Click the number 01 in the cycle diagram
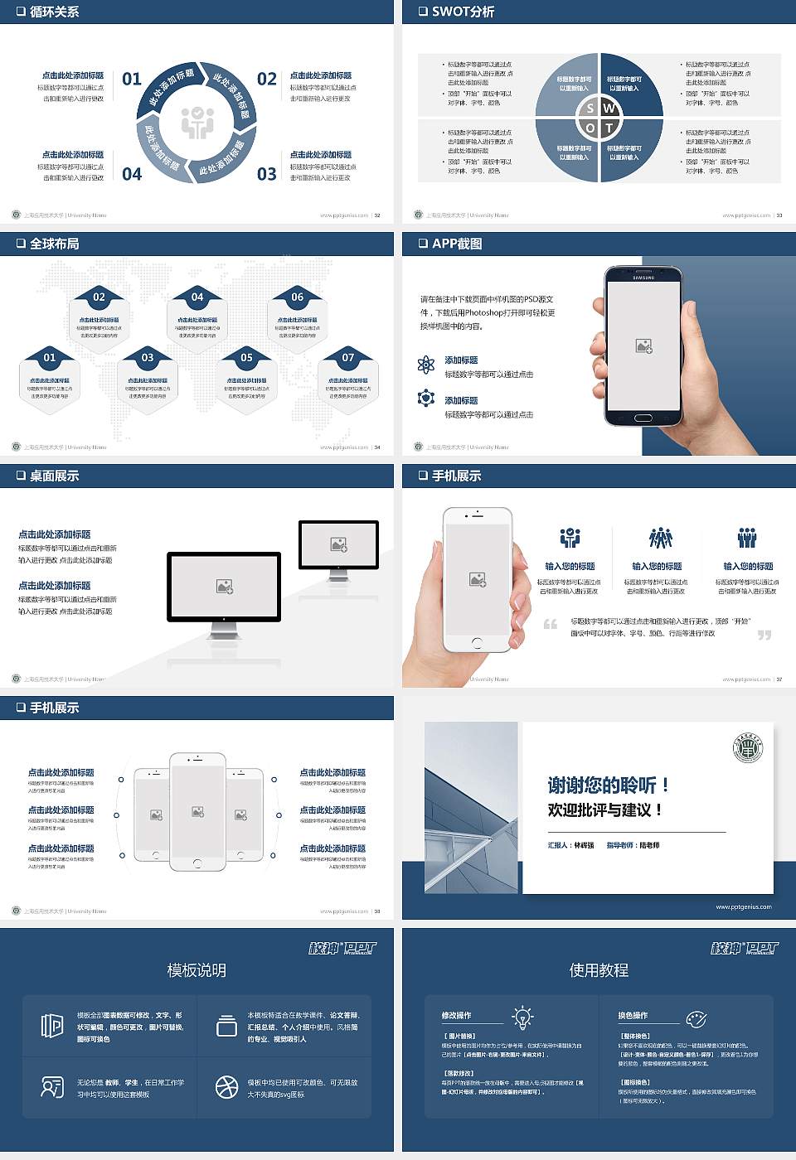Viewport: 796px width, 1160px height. [132, 79]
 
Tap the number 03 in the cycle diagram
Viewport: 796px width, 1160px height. [266, 174]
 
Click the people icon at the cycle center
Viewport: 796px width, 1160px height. [197, 122]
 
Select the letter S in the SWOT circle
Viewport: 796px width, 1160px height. [590, 109]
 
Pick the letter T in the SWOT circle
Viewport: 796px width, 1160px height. [609, 128]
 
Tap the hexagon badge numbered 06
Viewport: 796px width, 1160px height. [297, 297]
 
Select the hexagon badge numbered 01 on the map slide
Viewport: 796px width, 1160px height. [50, 358]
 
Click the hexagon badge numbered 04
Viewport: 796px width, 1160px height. [197, 297]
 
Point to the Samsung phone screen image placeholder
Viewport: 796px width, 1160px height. [643, 346]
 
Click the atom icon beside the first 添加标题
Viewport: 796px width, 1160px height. [426, 365]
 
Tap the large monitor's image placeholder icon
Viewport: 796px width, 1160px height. [224, 587]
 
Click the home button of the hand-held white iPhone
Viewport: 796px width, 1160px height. [477, 643]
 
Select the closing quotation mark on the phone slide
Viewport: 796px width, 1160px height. [764, 635]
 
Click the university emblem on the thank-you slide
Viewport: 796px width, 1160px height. [748, 749]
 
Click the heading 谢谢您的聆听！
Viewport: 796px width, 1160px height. [608, 785]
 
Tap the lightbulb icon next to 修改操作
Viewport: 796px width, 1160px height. [522, 1017]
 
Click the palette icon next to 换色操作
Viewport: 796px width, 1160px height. [696, 1018]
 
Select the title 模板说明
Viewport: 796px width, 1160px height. [197, 970]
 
